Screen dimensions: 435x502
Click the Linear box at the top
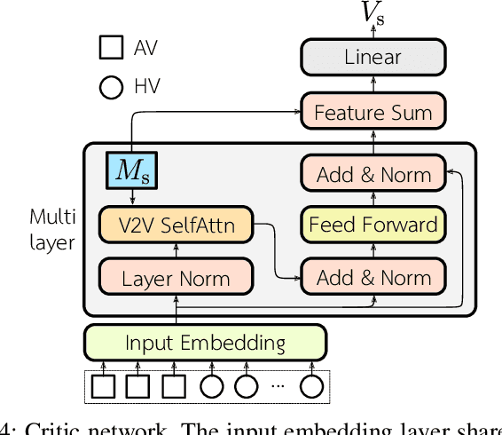pyautogui.click(x=373, y=58)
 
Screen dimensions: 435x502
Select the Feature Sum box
pyautogui.click(x=373, y=113)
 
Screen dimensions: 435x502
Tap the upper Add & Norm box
pyautogui.click(x=373, y=174)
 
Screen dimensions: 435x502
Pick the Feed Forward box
pyautogui.click(x=373, y=225)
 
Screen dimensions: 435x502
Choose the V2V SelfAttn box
pyautogui.click(x=176, y=225)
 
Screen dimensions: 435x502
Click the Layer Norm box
pyautogui.click(x=176, y=278)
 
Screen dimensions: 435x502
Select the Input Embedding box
pyautogui.click(x=205, y=342)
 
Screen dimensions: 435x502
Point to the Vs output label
pyautogui.click(x=373, y=12)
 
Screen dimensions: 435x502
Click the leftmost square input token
pyautogui.click(x=105, y=387)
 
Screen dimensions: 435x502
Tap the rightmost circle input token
pyautogui.click(x=311, y=387)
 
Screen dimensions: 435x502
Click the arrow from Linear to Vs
pyautogui.click(x=373, y=32)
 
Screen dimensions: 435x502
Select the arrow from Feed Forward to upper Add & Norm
pyautogui.click(x=373, y=199)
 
